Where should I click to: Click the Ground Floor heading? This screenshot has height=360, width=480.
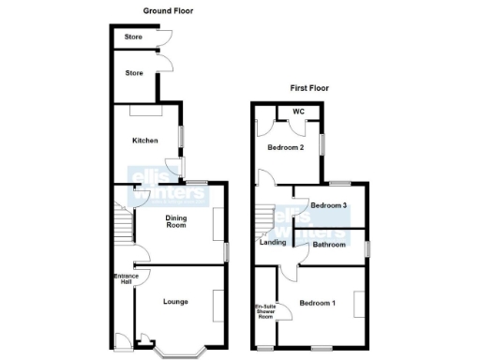168,10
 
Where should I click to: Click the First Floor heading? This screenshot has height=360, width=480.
309,88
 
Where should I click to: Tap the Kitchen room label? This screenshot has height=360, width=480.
144,141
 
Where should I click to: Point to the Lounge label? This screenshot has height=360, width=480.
175,302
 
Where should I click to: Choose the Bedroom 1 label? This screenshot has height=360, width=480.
317,303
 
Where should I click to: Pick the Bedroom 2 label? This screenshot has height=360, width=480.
285,147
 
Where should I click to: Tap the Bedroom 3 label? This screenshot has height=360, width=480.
329,205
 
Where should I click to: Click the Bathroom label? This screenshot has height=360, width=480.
330,245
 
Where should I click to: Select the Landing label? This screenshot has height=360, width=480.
273,243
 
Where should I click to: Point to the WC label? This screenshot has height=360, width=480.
299,112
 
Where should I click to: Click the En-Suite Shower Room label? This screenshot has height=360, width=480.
265,312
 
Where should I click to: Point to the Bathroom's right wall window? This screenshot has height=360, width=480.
367,247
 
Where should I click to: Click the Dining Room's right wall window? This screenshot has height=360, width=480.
226,252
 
